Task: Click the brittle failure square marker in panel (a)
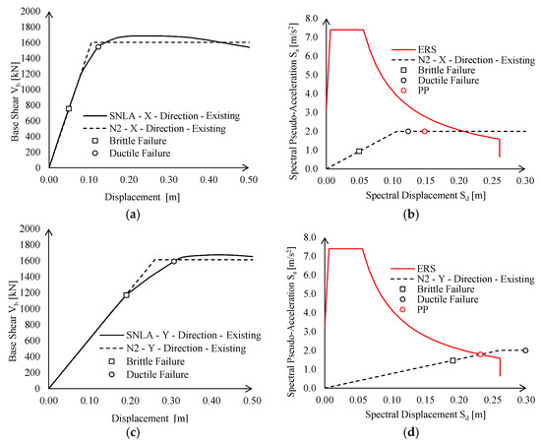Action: click(69, 108)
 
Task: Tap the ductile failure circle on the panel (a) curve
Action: click(98, 46)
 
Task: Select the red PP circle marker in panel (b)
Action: click(424, 131)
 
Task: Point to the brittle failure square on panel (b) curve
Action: click(359, 151)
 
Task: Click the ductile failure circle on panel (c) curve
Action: click(174, 261)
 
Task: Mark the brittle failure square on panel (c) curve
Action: click(126, 295)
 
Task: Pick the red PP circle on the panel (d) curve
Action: click(480, 354)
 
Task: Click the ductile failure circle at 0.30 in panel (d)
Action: click(525, 350)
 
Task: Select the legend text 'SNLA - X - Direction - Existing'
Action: click(174, 115)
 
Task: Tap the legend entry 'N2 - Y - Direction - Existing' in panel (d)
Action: click(476, 279)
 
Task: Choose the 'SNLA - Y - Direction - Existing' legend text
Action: click(194, 336)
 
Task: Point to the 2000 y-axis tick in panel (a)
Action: click(30, 12)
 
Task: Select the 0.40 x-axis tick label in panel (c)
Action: click(211, 401)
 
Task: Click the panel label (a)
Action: click(133, 215)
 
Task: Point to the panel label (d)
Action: click(410, 432)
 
